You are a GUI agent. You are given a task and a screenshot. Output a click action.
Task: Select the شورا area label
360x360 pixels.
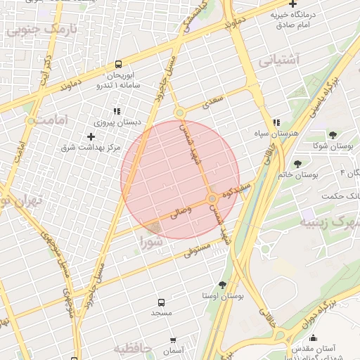click(150, 243)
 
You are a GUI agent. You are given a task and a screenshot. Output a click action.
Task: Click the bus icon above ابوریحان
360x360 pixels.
click(117, 64)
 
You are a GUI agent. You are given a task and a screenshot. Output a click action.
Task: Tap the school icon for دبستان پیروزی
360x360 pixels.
click(116, 110)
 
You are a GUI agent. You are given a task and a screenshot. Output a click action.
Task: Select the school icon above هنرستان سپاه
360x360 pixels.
click(277, 122)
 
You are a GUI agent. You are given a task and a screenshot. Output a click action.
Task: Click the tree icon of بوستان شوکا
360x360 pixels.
click(332, 134)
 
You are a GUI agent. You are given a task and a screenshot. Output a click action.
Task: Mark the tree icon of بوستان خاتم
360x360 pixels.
click(299, 162)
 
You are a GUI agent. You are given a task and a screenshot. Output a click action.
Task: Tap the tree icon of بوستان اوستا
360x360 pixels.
click(222, 285)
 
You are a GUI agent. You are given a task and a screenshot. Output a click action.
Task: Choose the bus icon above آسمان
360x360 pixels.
click(172, 338)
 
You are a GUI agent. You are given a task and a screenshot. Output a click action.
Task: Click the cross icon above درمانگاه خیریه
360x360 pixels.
click(292, 4)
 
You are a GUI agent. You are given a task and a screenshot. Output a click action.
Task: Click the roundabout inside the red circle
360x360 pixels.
click(212, 200)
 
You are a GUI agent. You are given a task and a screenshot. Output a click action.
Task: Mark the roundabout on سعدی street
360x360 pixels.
click(180, 112)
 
